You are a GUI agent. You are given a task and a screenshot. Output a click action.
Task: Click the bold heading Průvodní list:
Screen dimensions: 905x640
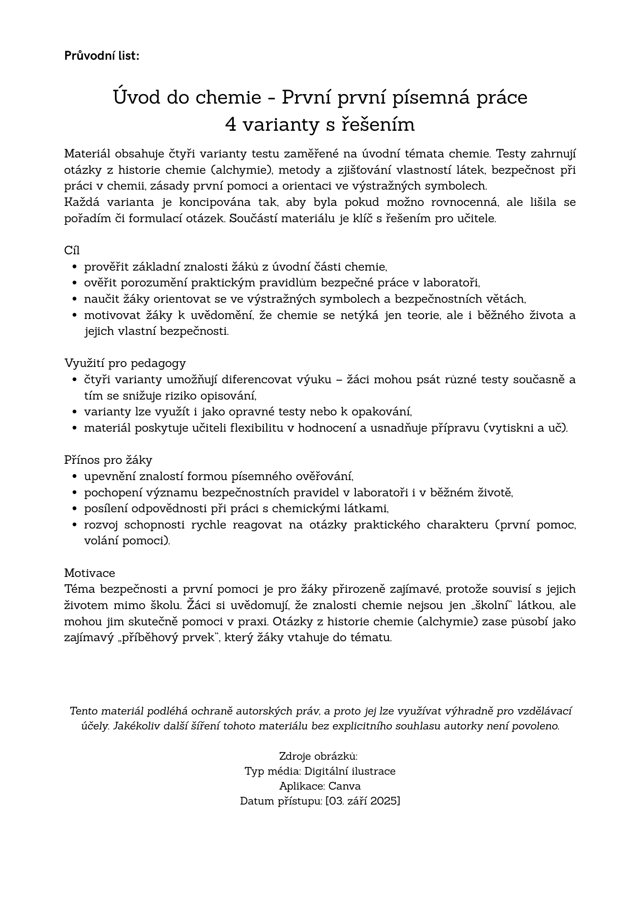pyautogui.click(x=101, y=56)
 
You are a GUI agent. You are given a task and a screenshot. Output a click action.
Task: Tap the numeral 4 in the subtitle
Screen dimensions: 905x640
pyautogui.click(x=230, y=124)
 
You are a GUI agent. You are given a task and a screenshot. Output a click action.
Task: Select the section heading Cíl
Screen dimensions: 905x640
pyautogui.click(x=72, y=250)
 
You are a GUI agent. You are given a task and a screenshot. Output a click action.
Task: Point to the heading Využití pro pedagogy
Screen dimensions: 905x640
pyautogui.click(x=125, y=363)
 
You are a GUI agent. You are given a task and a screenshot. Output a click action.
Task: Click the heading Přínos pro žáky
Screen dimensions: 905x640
pyautogui.click(x=108, y=460)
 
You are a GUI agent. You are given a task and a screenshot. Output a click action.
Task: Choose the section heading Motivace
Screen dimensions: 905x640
pyautogui.click(x=90, y=573)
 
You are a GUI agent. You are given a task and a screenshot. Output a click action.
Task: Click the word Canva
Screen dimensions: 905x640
pyautogui.click(x=344, y=786)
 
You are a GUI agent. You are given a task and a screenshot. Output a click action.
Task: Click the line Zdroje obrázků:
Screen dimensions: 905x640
pyautogui.click(x=319, y=756)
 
